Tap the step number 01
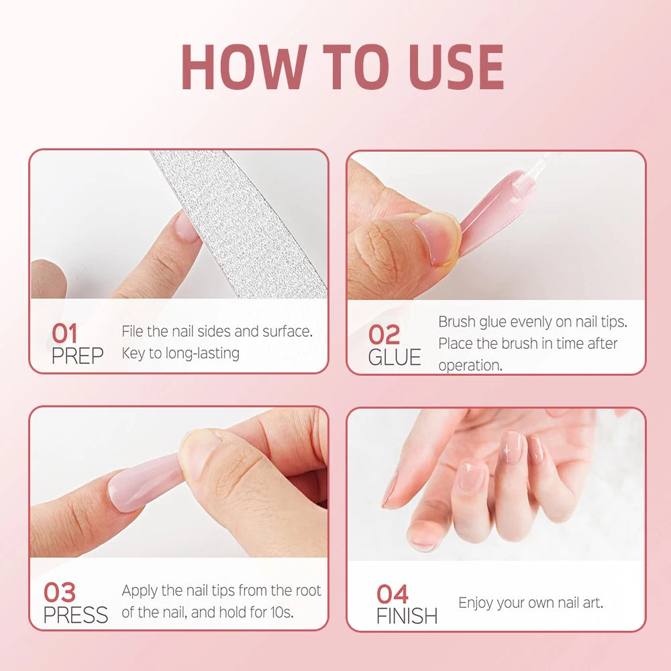click(64, 333)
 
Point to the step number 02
click(384, 334)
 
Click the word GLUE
click(395, 357)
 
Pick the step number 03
click(60, 592)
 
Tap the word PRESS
click(76, 615)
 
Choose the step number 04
click(393, 594)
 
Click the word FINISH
click(407, 616)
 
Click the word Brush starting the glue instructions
click(456, 322)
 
